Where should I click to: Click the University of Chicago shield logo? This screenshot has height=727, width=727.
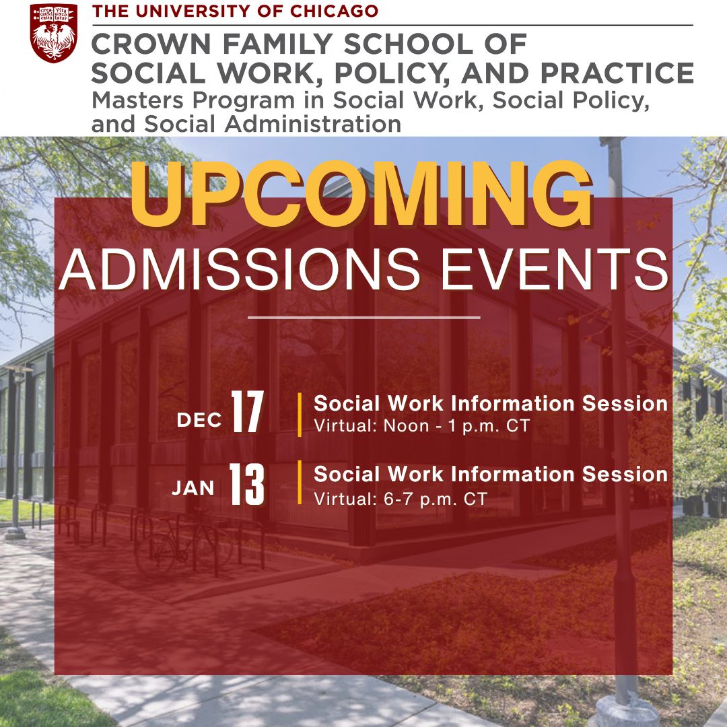(53, 33)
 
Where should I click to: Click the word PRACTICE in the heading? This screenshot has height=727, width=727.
(617, 73)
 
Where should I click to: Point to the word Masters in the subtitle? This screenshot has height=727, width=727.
(138, 100)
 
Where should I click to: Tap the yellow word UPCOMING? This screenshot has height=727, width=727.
(361, 194)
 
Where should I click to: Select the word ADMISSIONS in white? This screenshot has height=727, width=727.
(239, 269)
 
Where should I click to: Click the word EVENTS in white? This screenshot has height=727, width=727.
(555, 269)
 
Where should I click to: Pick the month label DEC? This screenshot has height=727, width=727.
(199, 420)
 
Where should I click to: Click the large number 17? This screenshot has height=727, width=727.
(248, 412)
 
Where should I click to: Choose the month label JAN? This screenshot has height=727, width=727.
(193, 488)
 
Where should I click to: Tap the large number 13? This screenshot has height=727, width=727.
(247, 484)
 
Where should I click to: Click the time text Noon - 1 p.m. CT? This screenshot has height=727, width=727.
(456, 426)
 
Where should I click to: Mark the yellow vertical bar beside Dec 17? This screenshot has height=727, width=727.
(300, 415)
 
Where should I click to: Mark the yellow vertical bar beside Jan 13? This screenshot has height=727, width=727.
(300, 482)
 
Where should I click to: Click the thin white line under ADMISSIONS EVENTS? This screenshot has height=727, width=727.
(364, 318)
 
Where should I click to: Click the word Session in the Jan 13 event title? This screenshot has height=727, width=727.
(625, 475)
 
